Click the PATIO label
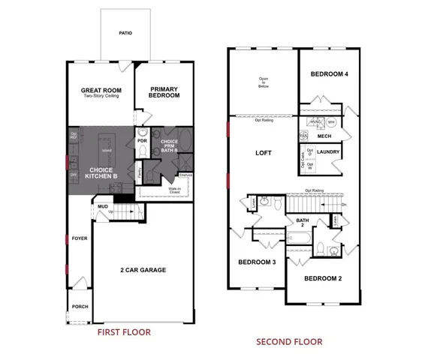point(125,33)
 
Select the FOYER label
point(79,238)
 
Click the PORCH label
point(79,307)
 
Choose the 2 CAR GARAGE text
point(142,270)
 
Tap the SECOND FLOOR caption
point(289,341)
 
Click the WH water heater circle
point(331,122)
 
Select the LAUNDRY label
point(328,152)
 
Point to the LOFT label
point(264,152)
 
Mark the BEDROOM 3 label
point(257,262)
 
